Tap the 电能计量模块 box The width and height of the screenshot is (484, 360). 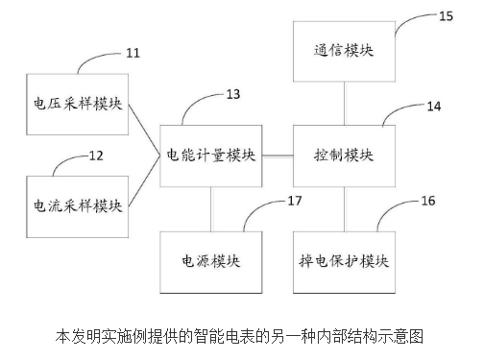211,154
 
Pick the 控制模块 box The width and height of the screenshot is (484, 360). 344,154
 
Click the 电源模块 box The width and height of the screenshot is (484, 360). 211,261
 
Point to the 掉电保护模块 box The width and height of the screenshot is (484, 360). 344,261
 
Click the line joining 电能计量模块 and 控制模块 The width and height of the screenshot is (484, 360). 276,154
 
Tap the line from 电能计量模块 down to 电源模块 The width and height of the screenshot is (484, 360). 210,208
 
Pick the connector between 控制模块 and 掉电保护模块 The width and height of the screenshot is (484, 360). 343,208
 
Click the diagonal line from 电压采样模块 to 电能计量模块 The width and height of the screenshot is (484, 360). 144,127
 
